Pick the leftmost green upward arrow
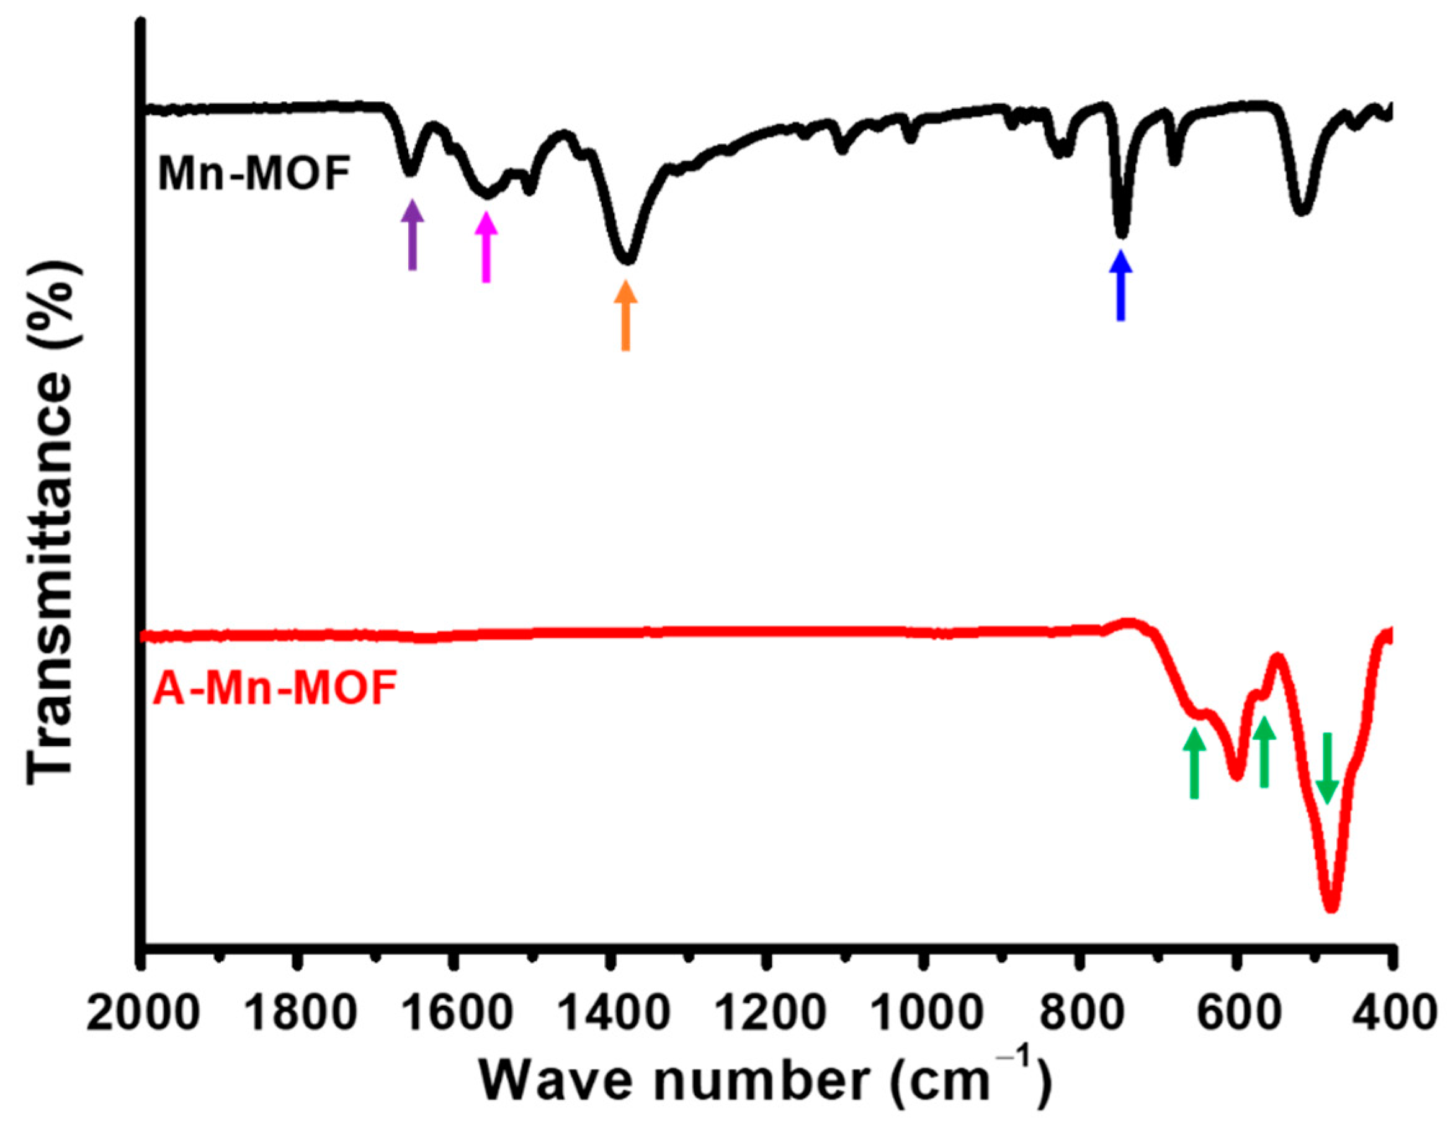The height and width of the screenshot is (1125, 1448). point(1194,763)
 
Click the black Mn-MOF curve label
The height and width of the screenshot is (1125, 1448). point(254,174)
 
